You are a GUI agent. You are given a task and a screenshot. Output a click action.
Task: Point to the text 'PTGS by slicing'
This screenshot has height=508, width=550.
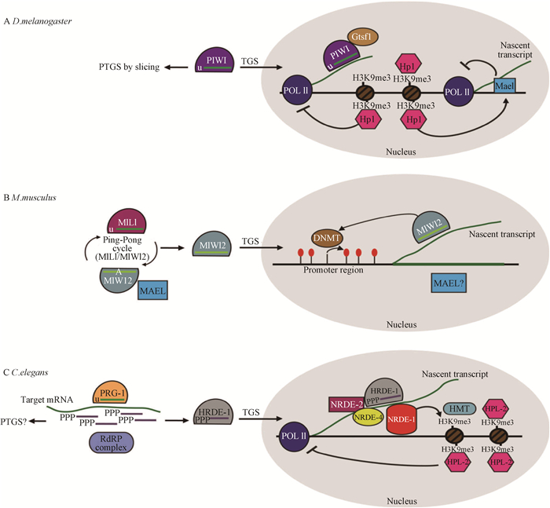pos(128,68)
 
